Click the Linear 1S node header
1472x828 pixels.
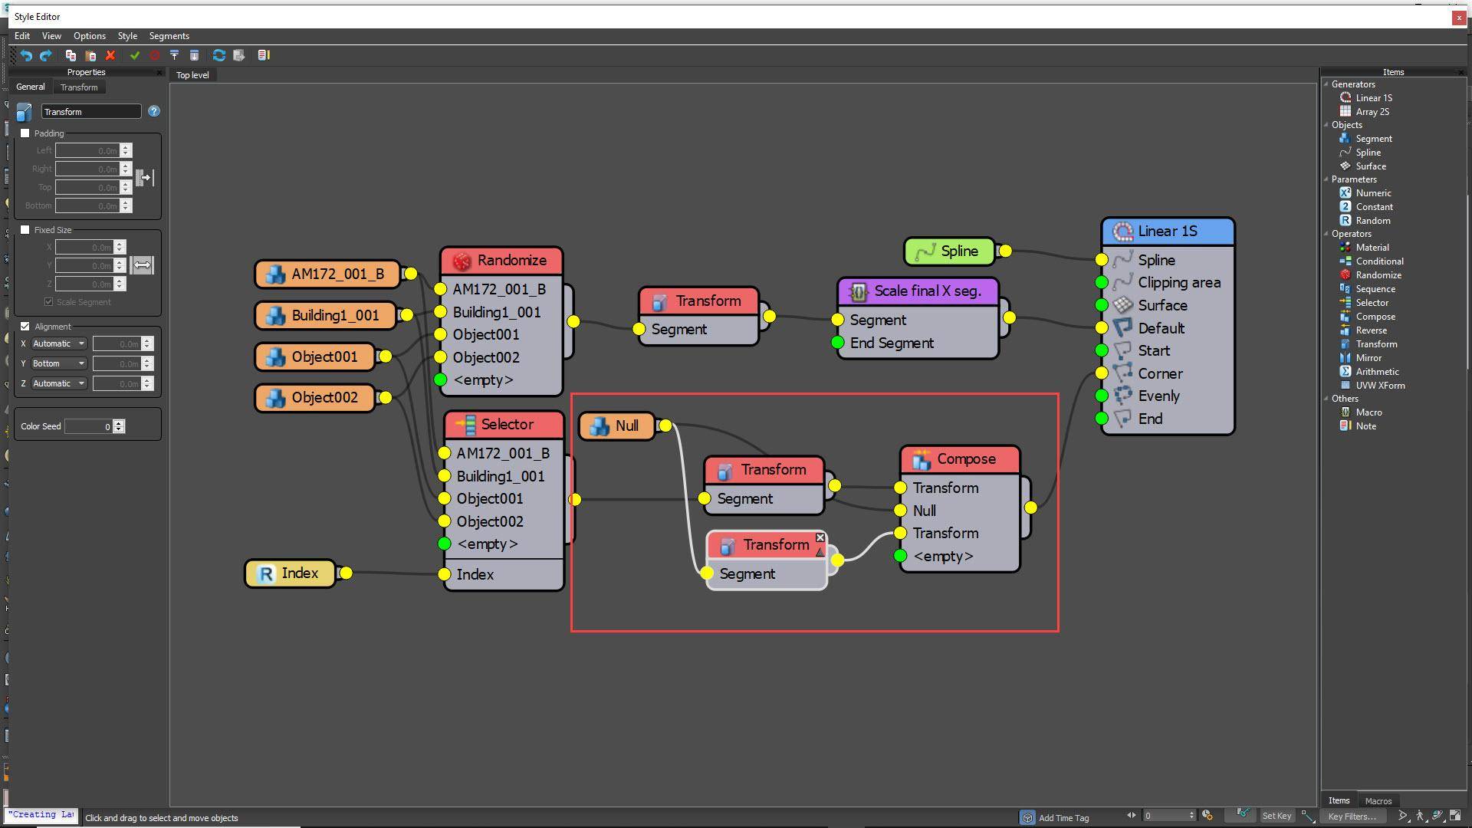(x=1167, y=232)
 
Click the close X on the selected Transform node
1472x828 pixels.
(x=820, y=537)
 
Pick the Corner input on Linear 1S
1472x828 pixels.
(x=1159, y=374)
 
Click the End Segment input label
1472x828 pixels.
(x=891, y=343)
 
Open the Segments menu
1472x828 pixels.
(x=169, y=36)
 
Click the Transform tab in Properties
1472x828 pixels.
(x=79, y=87)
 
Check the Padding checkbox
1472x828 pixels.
(x=25, y=133)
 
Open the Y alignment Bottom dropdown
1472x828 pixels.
(x=58, y=363)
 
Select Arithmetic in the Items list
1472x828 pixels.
(x=1376, y=372)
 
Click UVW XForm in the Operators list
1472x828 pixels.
(x=1379, y=386)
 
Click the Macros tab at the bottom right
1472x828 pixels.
(x=1378, y=800)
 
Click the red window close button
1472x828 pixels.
(x=1458, y=17)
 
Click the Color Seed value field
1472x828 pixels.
(x=88, y=426)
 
